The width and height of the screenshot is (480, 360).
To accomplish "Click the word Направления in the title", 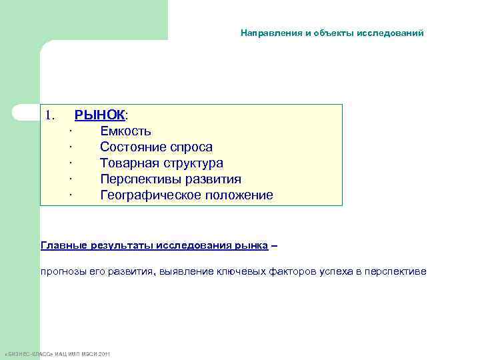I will click(x=270, y=33).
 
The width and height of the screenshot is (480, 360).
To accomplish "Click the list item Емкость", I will click(x=125, y=131).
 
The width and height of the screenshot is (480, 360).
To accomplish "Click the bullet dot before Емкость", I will click(x=70, y=131).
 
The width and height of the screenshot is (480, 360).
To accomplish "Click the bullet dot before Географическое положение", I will click(x=70, y=196).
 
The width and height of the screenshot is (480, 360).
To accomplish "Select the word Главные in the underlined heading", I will click(x=64, y=245).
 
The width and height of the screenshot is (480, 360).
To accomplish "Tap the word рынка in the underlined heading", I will click(x=251, y=245).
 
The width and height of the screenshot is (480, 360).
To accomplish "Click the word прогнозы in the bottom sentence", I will click(x=62, y=271).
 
